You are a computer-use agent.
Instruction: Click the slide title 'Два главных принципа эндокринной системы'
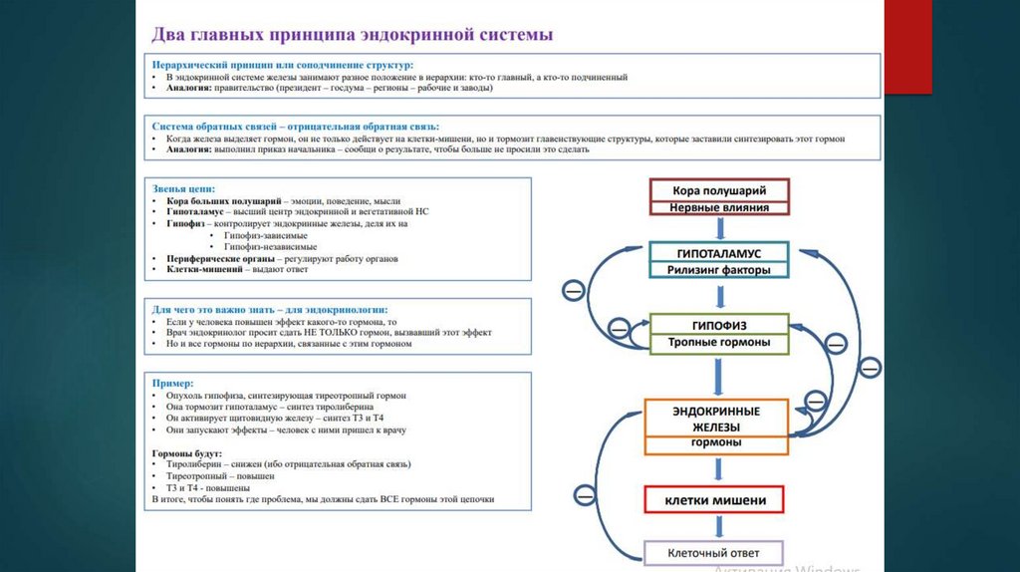[x=352, y=35]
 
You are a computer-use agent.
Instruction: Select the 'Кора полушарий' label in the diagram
[x=720, y=190]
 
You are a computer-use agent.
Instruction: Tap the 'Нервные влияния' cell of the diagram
[x=720, y=208]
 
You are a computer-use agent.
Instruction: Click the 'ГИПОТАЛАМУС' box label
[x=719, y=252]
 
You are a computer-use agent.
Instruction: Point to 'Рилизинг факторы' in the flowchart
[x=719, y=269]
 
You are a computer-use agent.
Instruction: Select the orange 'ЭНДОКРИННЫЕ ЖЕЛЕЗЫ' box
[x=718, y=418]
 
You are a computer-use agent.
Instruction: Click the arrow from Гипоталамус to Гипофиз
[x=719, y=296]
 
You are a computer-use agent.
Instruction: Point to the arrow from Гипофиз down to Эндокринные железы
[x=719, y=377]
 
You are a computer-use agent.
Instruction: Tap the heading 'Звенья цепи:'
[x=183, y=188]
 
